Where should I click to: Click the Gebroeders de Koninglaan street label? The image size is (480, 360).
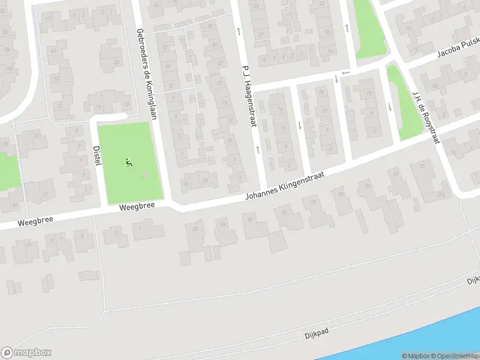click(x=146, y=74)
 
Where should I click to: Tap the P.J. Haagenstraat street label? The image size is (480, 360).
click(x=249, y=97)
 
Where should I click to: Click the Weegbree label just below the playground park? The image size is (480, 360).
click(x=137, y=206)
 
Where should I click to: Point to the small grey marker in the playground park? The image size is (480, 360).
click(x=145, y=176)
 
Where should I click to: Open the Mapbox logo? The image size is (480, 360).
click(x=26, y=353)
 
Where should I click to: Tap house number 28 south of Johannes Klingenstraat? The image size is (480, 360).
click(x=194, y=228)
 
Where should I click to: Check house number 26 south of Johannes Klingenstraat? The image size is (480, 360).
click(x=223, y=224)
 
